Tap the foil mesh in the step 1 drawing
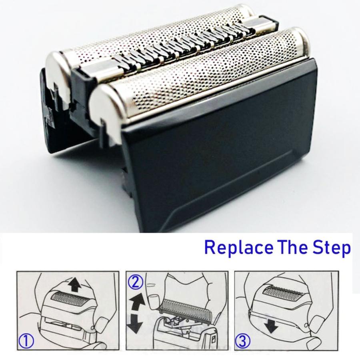68,296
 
